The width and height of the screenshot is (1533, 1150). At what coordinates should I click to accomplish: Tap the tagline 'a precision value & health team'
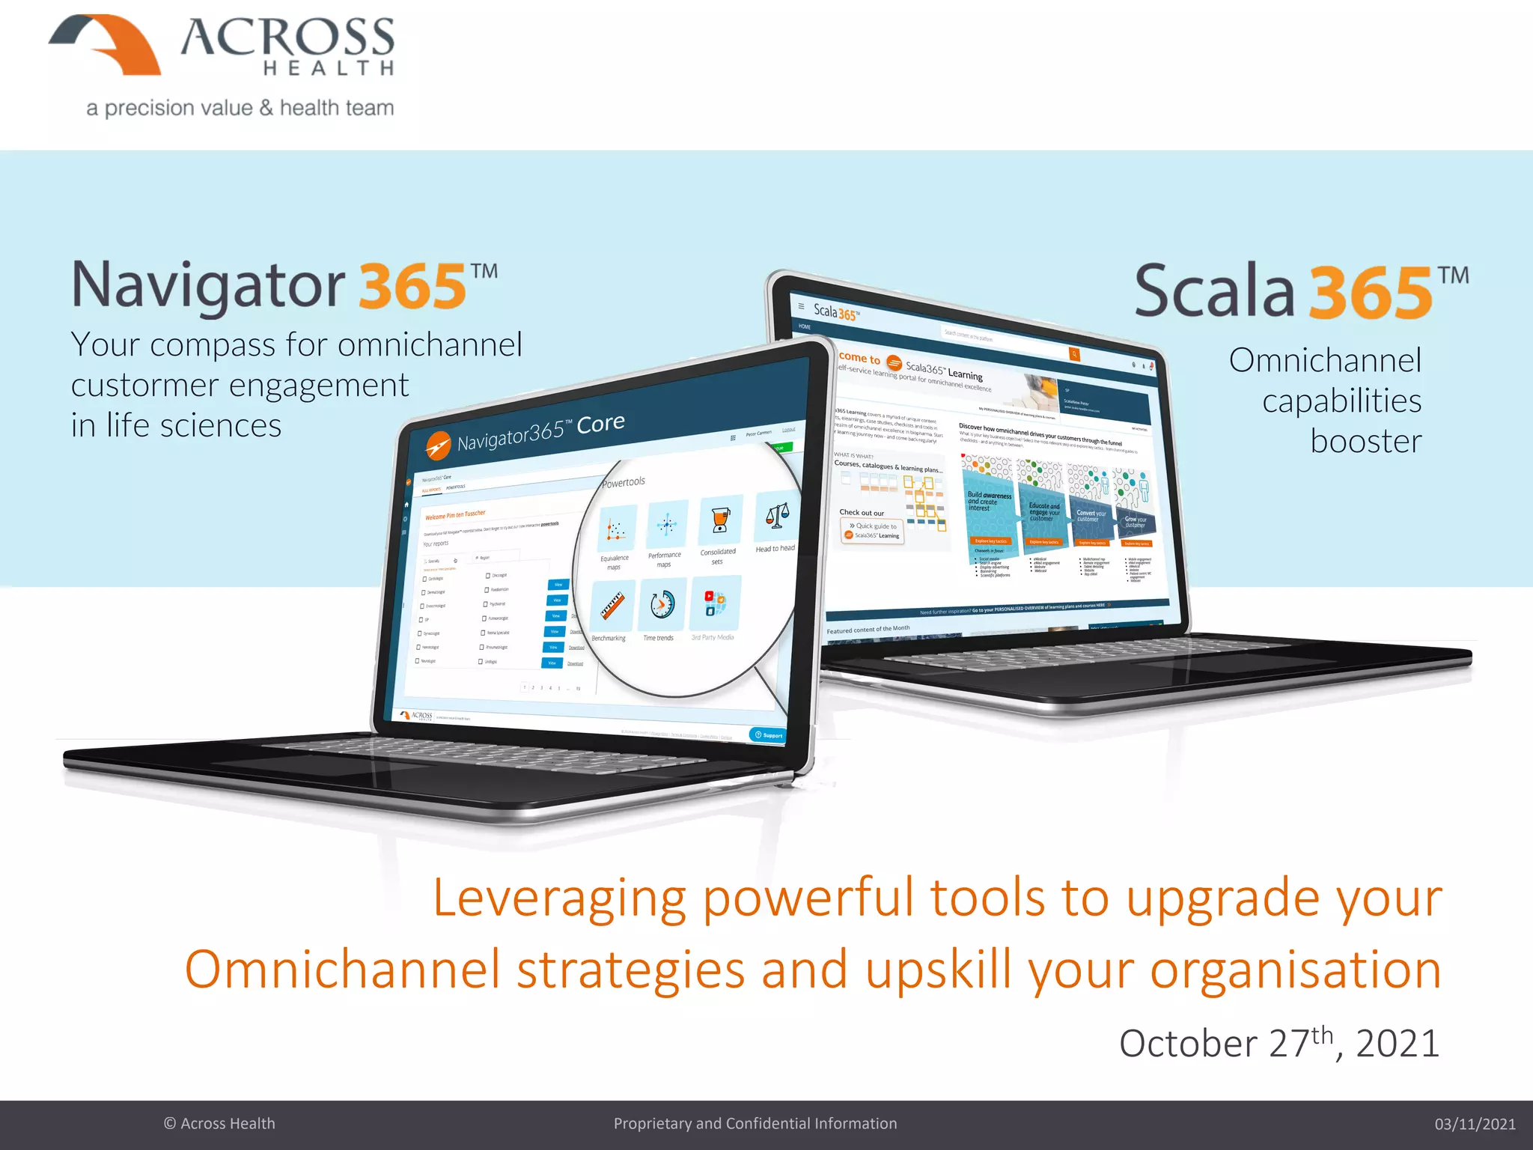point(240,108)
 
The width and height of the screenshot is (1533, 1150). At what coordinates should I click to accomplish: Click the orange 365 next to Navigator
point(412,287)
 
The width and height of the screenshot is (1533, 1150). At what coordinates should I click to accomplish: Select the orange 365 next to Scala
point(1370,293)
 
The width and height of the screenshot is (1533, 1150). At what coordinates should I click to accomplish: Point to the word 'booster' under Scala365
point(1365,441)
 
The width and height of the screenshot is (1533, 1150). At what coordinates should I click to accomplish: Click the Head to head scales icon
point(776,517)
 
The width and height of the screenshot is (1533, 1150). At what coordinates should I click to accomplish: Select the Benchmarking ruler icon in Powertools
point(612,606)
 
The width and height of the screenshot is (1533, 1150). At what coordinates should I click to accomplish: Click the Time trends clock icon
point(662,604)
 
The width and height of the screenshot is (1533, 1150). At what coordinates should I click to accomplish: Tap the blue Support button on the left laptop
point(768,734)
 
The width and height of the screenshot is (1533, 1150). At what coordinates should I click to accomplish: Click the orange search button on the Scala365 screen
point(1074,354)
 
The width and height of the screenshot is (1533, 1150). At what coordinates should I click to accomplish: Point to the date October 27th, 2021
point(1278,1043)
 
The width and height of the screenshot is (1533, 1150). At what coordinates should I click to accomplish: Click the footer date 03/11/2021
point(1474,1124)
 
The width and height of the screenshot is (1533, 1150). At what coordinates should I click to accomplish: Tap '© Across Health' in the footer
point(219,1124)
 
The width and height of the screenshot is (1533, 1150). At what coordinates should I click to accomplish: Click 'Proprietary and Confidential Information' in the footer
point(755,1124)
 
